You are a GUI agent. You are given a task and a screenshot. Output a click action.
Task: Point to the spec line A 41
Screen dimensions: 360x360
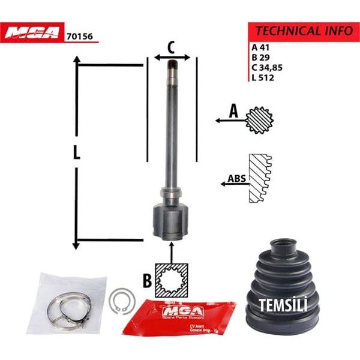[x=262, y=47]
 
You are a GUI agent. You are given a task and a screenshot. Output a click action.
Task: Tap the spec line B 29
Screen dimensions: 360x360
[x=262, y=57]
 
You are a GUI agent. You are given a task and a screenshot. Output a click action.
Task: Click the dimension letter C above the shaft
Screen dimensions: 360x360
[x=171, y=47]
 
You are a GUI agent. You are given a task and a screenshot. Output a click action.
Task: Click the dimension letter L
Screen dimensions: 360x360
[x=76, y=153]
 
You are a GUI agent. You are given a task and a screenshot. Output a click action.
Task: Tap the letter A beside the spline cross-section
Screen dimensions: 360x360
[x=234, y=110]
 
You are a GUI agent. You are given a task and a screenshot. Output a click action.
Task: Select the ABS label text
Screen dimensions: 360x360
[x=236, y=179]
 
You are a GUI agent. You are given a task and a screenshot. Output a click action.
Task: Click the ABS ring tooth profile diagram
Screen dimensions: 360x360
[x=259, y=179]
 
